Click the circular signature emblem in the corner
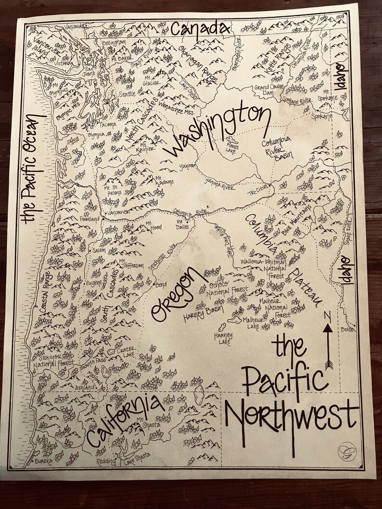344,450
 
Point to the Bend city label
160,285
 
